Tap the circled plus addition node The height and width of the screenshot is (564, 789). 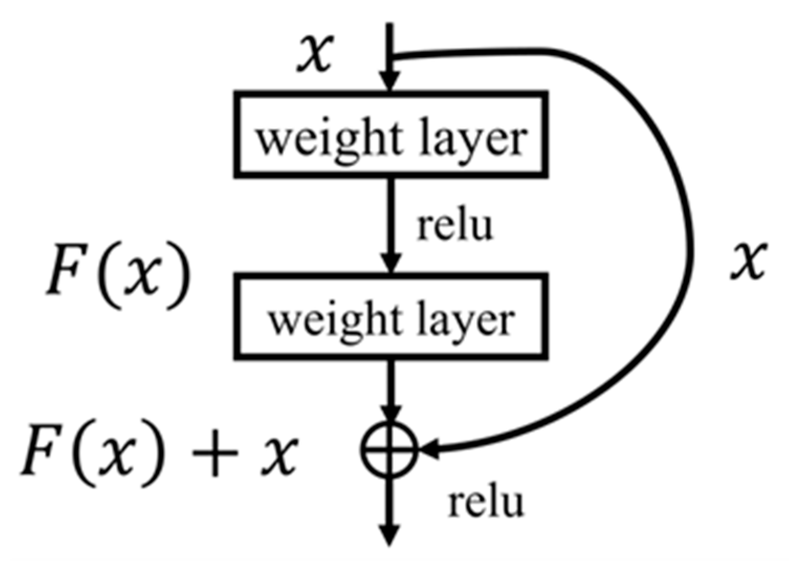pos(390,450)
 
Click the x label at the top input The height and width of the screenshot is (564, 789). pos(315,53)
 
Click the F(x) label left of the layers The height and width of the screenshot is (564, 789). pos(117,274)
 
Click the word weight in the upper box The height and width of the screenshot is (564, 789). pos(328,139)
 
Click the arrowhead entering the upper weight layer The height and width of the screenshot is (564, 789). pos(389,82)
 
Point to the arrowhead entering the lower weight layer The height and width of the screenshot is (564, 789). pos(391,263)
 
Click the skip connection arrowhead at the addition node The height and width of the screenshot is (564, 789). pos(428,450)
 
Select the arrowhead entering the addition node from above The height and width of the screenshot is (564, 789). pos(390,414)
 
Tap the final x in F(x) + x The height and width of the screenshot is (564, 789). pos(280,455)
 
